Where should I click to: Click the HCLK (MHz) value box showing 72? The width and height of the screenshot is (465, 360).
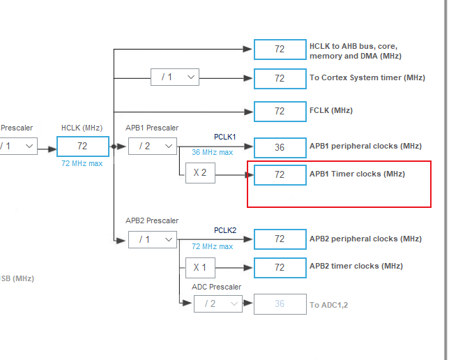[x=82, y=147]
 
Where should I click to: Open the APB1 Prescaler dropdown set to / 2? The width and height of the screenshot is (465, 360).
[x=152, y=147]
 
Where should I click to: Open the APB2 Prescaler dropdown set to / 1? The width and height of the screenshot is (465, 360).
[x=152, y=239]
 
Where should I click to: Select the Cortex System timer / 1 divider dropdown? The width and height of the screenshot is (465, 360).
[x=174, y=77]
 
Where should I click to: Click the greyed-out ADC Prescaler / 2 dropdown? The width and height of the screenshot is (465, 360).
[x=218, y=304]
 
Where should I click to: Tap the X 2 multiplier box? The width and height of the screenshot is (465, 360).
[x=200, y=174]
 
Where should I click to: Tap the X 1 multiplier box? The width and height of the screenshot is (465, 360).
[x=200, y=267]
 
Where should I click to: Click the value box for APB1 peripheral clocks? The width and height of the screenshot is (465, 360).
[x=280, y=147]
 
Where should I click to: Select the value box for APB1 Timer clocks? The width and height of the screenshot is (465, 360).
[x=280, y=174]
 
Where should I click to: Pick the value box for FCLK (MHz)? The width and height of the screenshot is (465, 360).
[x=280, y=111]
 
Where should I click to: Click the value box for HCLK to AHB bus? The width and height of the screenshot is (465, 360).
[x=280, y=50]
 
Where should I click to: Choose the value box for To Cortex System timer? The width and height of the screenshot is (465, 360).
[x=280, y=78]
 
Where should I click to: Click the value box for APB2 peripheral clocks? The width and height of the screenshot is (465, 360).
[x=280, y=239]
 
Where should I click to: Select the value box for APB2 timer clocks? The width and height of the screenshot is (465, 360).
[x=280, y=267]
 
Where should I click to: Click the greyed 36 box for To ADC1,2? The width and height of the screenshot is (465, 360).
[x=280, y=304]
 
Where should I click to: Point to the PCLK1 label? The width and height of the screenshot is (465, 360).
[x=225, y=137]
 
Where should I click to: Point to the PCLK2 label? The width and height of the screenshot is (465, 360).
[x=225, y=230]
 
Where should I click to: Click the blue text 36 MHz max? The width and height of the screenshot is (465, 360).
[x=213, y=152]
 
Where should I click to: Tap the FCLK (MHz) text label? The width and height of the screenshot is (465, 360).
[x=331, y=110]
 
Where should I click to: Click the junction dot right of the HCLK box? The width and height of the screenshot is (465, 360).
[x=114, y=147]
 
